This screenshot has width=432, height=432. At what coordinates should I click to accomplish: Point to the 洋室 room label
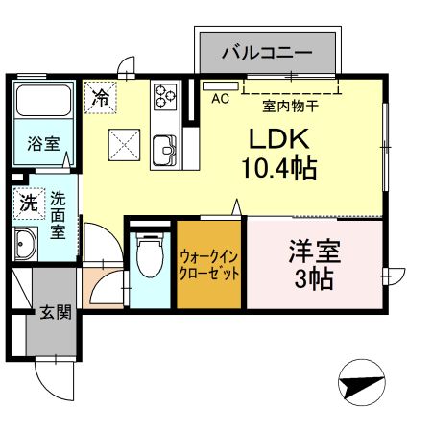tap(313, 254)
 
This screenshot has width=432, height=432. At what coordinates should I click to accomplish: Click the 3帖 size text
tap(313, 280)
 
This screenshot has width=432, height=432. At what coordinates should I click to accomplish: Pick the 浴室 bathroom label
tap(43, 145)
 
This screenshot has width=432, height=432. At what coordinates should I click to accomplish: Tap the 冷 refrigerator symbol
tap(101, 95)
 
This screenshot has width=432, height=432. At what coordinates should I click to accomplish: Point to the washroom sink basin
tap(25, 245)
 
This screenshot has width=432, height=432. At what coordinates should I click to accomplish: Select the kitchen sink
tap(164, 151)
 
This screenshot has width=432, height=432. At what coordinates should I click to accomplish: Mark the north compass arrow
tap(362, 384)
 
